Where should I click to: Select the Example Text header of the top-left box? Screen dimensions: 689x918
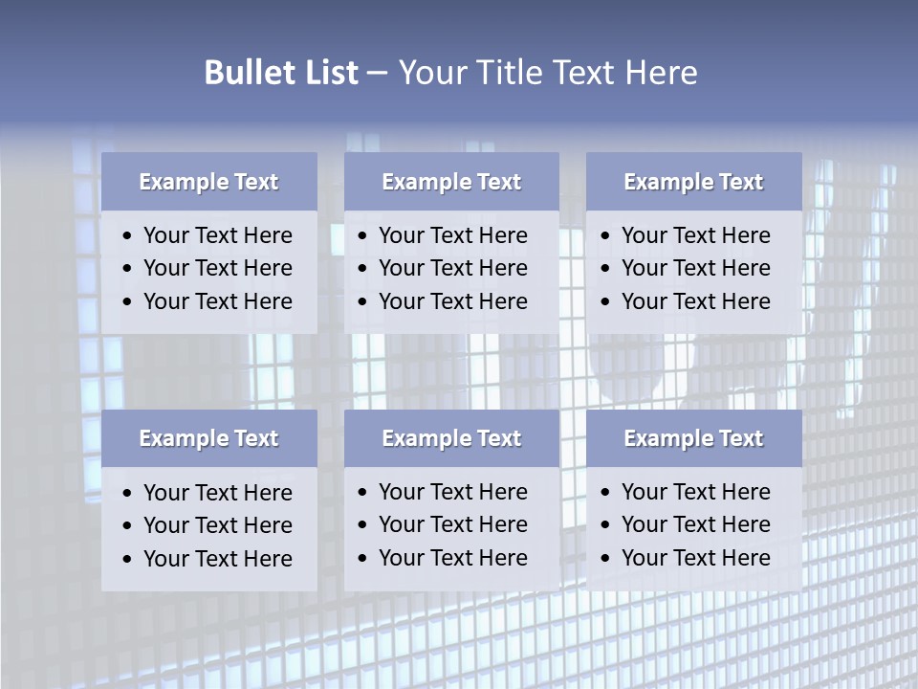[208, 182]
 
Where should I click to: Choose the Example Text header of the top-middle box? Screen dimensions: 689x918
[451, 182]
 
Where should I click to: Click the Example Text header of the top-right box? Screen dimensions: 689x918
[693, 182]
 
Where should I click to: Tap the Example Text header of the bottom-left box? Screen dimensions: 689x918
[208, 438]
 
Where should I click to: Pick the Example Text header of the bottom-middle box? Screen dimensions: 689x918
[451, 438]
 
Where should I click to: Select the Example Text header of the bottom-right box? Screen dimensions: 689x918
[693, 438]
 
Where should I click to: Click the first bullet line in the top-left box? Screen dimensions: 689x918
[217, 235]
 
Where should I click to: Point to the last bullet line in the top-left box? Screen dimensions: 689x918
[217, 301]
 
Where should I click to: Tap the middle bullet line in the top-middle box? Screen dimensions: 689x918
[452, 268]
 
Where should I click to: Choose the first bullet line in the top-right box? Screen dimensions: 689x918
[695, 235]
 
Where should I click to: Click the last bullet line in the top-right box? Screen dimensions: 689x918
[695, 301]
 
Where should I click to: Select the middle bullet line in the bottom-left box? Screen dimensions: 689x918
[217, 525]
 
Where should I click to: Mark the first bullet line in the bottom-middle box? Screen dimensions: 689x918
[452, 492]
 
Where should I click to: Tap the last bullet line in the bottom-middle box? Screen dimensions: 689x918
[452, 558]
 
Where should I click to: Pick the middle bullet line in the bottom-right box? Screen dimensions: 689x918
[695, 524]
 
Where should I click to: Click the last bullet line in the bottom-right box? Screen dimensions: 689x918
[695, 558]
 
